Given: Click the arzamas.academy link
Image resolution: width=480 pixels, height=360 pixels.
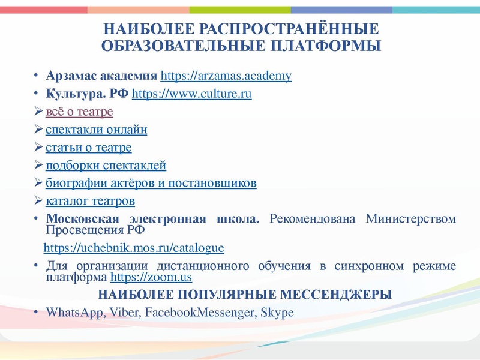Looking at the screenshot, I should click(x=226, y=76).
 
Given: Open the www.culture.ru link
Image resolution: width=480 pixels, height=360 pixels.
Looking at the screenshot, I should click(x=191, y=94).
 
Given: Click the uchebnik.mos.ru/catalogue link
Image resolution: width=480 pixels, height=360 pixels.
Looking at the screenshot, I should click(x=134, y=248).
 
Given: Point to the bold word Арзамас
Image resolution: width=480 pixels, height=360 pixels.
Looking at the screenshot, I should click(x=71, y=76).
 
